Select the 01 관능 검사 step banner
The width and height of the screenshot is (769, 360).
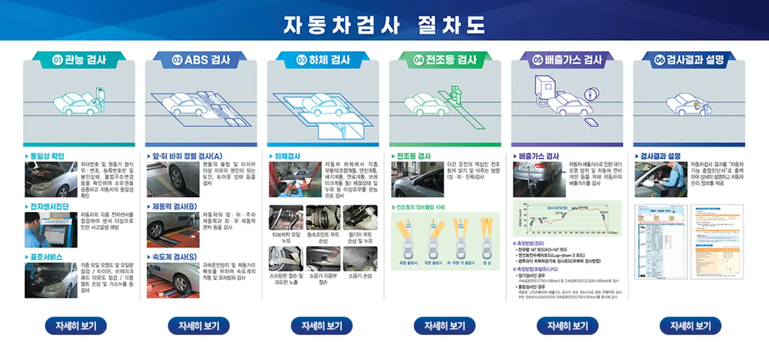tap(79, 60)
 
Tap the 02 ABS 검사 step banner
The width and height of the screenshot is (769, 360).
tap(201, 60)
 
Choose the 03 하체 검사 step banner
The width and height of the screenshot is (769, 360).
tap(323, 60)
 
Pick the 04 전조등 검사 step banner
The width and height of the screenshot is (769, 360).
tap(445, 60)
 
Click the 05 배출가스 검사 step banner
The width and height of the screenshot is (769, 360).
tap(567, 60)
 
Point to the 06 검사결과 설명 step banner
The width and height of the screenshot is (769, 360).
tap(689, 60)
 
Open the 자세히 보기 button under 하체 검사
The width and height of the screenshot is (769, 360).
tap(321, 326)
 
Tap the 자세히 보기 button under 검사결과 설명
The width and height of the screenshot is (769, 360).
tap(690, 326)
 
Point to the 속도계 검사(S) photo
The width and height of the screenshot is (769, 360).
tap(173, 280)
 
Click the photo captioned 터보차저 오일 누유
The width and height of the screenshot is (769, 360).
tap(286, 218)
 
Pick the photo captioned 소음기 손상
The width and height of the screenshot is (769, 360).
tap(360, 259)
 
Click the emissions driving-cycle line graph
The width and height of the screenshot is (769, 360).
tap(567, 218)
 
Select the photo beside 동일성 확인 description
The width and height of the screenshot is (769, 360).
tap(51, 179)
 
